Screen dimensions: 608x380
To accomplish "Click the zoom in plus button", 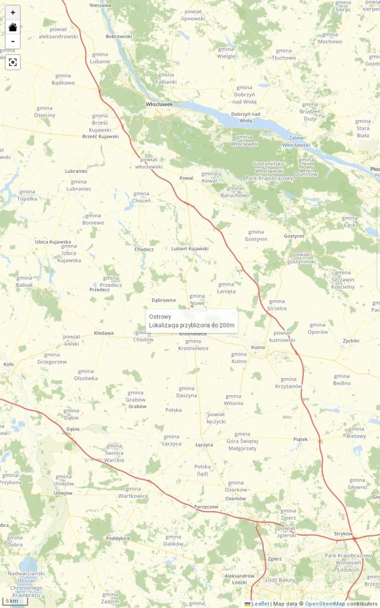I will pos(13,13).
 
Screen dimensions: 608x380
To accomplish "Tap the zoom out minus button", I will pos(13,42).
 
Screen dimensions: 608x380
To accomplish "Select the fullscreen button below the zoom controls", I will pos(13,62).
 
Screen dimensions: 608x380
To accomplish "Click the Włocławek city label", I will pos(159,104).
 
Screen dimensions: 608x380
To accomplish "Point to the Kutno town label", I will pos(258,348).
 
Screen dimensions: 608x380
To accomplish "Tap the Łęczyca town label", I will pos(204,445).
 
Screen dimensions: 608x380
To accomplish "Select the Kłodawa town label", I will pos(104,332).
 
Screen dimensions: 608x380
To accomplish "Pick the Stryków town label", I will pos(343,534).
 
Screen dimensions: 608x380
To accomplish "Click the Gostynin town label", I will pos(294,236).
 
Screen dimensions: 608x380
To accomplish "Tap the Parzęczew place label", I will pos(206,507).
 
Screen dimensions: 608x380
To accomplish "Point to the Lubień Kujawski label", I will pos(190,248).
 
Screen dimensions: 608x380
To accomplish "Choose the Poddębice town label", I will pos(118,538).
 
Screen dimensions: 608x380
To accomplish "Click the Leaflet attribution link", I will pos(259,604).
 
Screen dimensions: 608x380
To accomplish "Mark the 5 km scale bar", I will pos(14,600).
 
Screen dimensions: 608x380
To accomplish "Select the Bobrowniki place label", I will pos(119,36).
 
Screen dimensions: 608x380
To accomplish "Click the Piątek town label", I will pos(300,439).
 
